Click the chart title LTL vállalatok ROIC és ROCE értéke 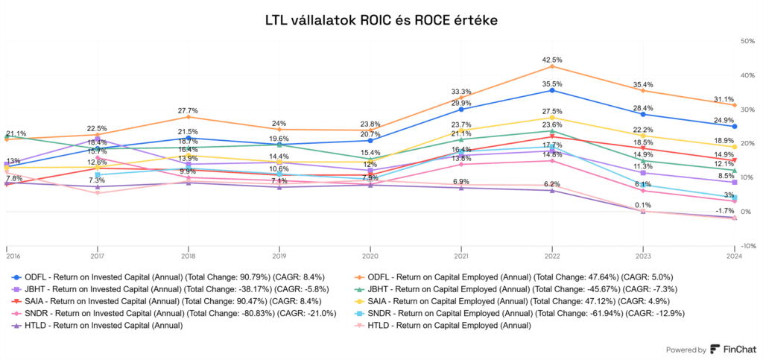pyautogui.click(x=381, y=19)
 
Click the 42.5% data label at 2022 pyautogui.click(x=552, y=60)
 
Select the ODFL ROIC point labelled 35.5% pyautogui.click(x=552, y=90)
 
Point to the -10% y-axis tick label pyautogui.click(x=747, y=246)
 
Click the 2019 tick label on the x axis pyautogui.click(x=279, y=254)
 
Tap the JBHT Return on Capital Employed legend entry pyautogui.click(x=520, y=289)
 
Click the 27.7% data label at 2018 pyautogui.click(x=188, y=110)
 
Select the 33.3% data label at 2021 pyautogui.click(x=461, y=92)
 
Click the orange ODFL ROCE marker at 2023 pyautogui.click(x=643, y=90)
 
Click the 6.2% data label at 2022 pyautogui.click(x=552, y=183)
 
